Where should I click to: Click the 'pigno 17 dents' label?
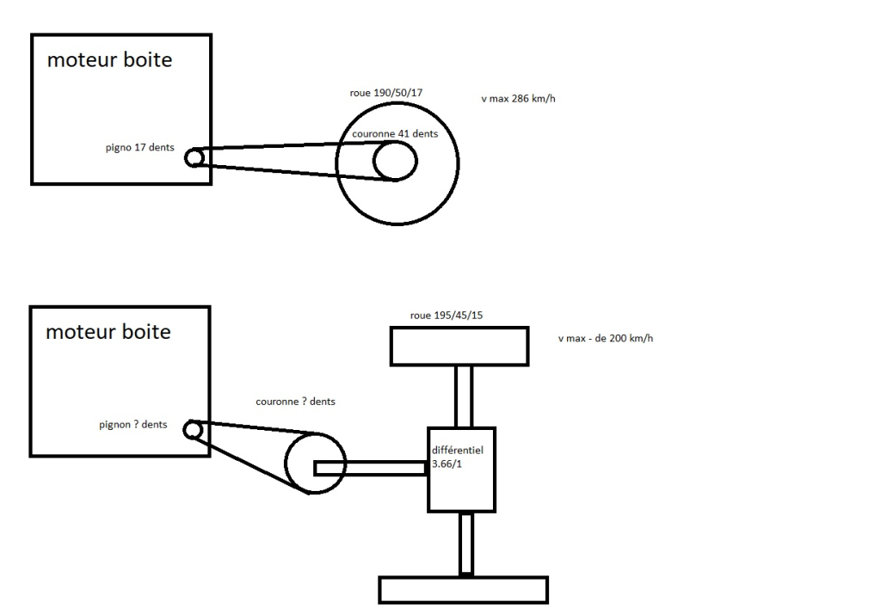click(x=139, y=148)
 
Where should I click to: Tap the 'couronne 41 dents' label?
click(x=395, y=134)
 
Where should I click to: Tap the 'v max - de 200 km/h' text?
click(x=605, y=338)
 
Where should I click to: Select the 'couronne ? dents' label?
click(x=296, y=402)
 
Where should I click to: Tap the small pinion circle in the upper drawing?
click(x=195, y=157)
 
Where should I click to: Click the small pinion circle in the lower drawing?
click(x=194, y=428)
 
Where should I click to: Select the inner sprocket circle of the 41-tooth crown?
click(x=395, y=161)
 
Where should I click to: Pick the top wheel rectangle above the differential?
click(x=459, y=346)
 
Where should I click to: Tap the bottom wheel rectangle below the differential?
click(x=464, y=589)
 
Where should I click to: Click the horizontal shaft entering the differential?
click(x=371, y=468)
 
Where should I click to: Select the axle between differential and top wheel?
click(x=464, y=395)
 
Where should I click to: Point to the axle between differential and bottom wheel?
click(x=465, y=544)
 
